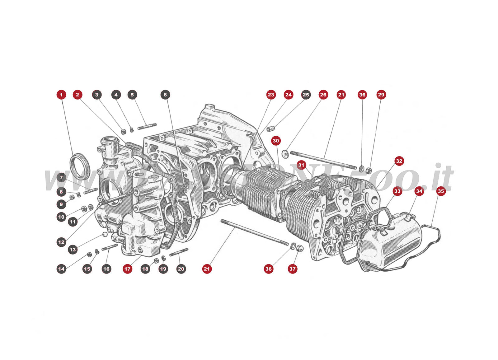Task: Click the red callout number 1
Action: point(61,95)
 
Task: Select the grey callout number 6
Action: point(165,95)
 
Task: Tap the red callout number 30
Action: point(276,141)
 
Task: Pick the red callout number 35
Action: point(441,191)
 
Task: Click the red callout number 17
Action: point(127,269)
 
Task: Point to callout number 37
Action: point(292,269)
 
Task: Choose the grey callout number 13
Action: point(73,250)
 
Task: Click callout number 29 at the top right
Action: point(381,95)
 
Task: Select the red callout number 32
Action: point(399,161)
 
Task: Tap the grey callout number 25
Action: point(306,95)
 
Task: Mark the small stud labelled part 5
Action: point(147,126)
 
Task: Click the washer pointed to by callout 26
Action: point(284,153)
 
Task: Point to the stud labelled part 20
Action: point(179,252)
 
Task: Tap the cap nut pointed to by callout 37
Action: point(300,248)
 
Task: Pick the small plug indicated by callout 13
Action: point(105,234)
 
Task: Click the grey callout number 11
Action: point(73,222)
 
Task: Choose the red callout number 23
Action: point(271,95)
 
